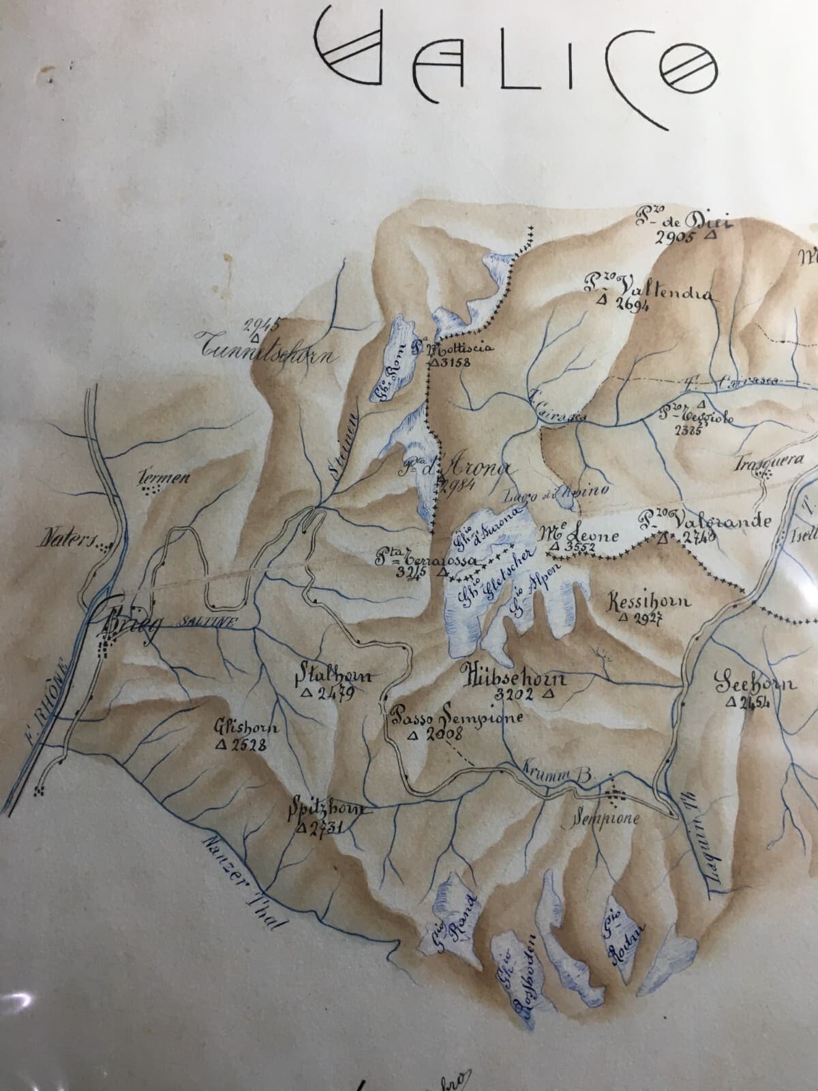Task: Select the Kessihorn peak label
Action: point(648,601)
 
